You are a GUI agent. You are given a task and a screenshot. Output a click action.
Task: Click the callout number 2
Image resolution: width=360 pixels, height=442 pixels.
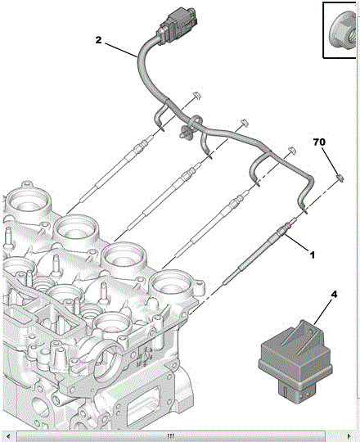click(98, 40)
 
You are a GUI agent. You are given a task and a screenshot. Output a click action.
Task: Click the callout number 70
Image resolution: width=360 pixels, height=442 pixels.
click(319, 142)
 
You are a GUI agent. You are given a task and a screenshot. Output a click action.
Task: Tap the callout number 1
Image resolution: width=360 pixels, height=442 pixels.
click(312, 255)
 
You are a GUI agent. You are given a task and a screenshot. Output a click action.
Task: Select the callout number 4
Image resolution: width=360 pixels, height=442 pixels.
click(334, 295)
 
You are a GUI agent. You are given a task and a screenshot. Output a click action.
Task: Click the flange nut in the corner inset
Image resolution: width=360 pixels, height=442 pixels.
click(343, 32)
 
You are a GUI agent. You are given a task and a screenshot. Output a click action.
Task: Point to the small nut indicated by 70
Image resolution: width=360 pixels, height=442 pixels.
click(340, 178)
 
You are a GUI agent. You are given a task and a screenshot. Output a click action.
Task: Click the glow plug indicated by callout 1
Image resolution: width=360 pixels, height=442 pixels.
click(259, 254)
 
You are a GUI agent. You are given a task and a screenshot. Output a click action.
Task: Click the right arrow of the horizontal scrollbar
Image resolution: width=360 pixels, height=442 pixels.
click(349, 436)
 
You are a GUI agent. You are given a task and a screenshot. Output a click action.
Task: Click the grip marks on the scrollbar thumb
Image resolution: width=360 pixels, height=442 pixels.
click(171, 436)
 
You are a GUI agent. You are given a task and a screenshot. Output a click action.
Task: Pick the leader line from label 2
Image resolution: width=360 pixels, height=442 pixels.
click(122, 51)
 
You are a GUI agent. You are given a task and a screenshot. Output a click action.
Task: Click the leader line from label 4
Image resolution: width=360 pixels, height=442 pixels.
click(323, 312)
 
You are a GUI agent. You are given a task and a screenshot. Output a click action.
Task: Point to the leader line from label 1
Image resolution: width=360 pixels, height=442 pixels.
click(297, 243)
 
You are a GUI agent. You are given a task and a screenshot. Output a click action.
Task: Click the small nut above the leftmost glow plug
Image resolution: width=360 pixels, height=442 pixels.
click(198, 95)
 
